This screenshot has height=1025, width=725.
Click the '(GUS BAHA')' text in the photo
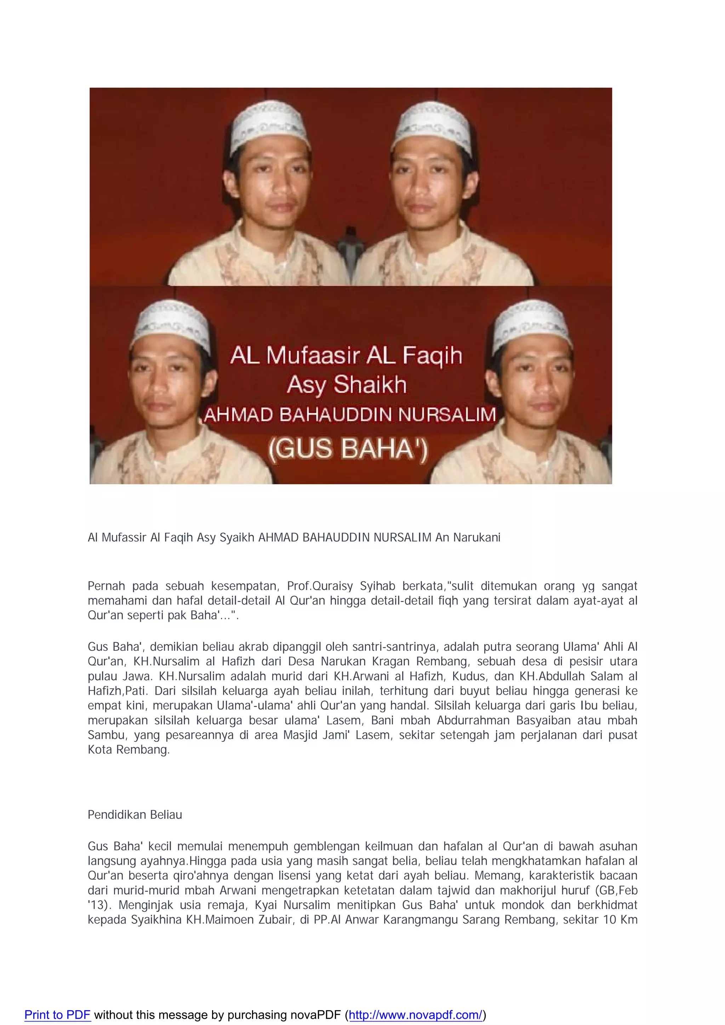coord(348,449)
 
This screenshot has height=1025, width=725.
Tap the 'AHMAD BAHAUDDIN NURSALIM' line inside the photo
coord(350,415)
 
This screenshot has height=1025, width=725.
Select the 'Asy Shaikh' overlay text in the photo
coord(347,384)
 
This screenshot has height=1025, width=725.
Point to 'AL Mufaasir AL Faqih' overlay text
coord(346,355)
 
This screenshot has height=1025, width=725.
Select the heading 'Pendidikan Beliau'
coord(135,815)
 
